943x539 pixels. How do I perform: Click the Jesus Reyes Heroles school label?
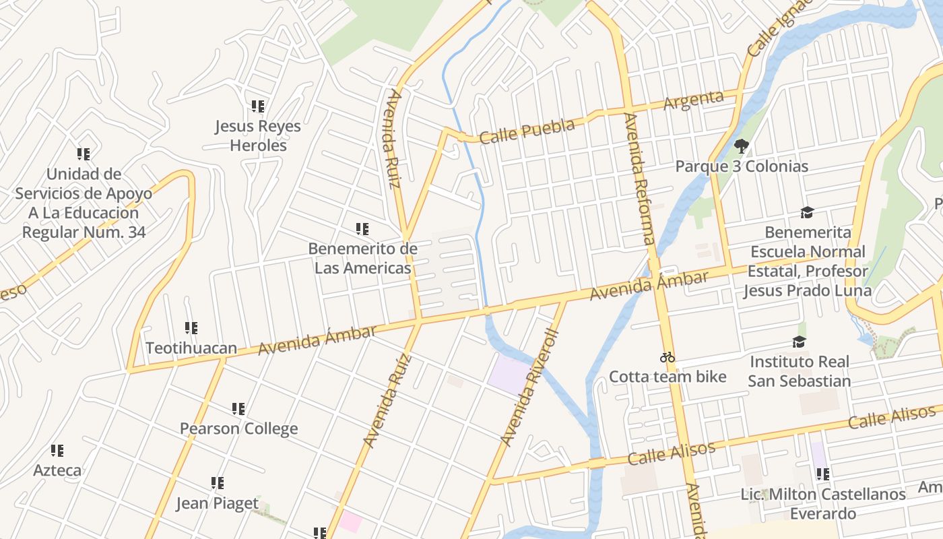click(x=258, y=135)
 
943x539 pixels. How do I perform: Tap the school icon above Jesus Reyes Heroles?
click(x=258, y=106)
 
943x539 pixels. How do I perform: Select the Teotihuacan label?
click(x=191, y=348)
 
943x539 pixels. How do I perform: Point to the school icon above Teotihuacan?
click(x=191, y=328)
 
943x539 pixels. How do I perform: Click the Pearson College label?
click(x=238, y=429)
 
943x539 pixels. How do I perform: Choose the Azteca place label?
click(x=57, y=470)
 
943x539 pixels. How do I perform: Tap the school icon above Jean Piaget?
click(x=217, y=483)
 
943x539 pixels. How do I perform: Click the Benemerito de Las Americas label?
click(x=362, y=258)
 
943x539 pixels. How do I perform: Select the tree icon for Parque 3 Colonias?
click(x=742, y=146)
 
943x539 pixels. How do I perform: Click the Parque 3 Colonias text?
click(x=742, y=166)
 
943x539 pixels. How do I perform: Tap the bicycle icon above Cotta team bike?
click(x=668, y=357)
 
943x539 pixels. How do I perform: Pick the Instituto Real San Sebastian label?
click(x=799, y=371)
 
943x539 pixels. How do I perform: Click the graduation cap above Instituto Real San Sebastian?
click(x=799, y=342)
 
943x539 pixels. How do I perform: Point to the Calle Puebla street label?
click(x=527, y=131)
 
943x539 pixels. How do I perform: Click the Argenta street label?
click(x=693, y=100)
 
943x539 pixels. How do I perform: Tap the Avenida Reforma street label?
click(x=639, y=179)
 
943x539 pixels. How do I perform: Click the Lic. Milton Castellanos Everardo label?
click(x=822, y=504)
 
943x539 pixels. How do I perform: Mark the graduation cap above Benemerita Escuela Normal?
click(x=807, y=213)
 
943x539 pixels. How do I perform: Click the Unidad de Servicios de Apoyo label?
click(x=84, y=203)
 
